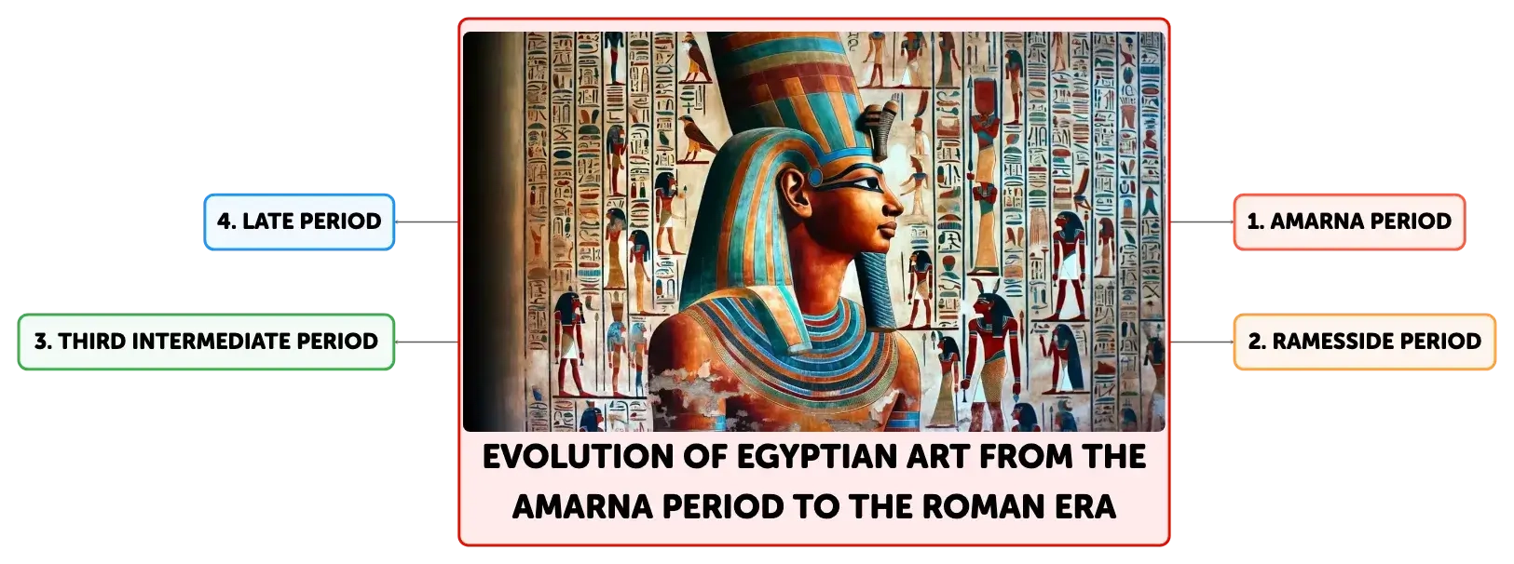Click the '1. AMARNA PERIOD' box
[x=1349, y=222]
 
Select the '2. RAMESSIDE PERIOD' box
[x=1364, y=342]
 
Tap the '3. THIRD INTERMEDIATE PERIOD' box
[x=206, y=342]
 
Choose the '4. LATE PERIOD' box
[x=299, y=222]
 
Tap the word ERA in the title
[x=1077, y=507]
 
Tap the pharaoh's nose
[x=893, y=203]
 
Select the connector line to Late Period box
[x=427, y=222]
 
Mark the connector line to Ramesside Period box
[x=1202, y=342]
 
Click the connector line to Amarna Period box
[x=1202, y=222]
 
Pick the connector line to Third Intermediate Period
[x=427, y=342]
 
